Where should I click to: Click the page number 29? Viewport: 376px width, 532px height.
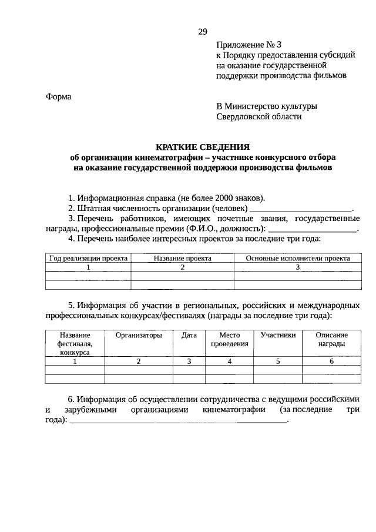point(202,31)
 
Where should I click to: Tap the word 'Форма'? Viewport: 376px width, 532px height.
point(58,96)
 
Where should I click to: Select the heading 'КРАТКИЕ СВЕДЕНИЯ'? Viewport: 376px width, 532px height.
point(202,146)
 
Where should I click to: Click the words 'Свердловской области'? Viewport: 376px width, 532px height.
point(259,116)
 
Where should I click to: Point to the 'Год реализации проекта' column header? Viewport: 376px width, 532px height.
point(88,258)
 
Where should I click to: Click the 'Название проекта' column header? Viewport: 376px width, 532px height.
point(182,258)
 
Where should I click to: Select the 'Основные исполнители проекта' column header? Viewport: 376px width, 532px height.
point(298,258)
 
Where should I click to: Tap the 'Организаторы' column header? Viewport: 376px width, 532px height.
point(139,335)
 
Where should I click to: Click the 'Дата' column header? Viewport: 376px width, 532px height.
point(189,335)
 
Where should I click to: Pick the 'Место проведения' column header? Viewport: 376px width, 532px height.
point(230,339)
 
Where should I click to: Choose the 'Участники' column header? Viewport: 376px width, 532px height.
point(278,335)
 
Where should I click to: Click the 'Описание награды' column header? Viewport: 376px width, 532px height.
point(331,339)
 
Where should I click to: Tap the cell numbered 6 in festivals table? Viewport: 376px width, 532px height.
point(331,362)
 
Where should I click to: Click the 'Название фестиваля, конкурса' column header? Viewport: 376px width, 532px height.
point(75,343)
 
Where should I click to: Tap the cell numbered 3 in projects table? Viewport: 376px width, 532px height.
point(298,267)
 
